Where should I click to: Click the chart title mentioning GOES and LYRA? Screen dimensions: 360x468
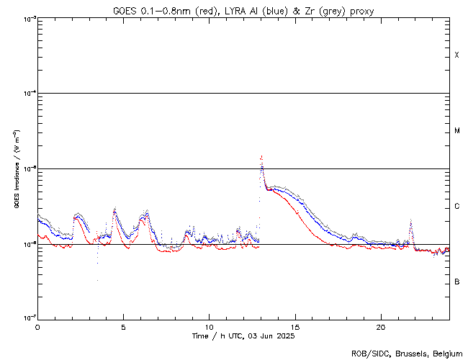coord(243,11)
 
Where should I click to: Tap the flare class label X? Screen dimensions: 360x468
coord(456,55)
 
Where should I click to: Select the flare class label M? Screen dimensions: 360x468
coord(456,131)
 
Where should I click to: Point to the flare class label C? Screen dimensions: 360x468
coord(456,207)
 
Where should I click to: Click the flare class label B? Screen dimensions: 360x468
coord(456,282)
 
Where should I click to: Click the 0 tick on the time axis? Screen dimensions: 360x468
coord(37,326)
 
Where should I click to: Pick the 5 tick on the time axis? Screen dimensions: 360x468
coord(123,326)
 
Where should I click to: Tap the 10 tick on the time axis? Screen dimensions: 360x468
coord(209,326)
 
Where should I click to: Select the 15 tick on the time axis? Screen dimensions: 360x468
coord(294,326)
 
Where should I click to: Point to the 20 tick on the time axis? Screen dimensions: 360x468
coord(380,326)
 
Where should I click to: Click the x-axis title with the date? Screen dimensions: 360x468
coord(243,336)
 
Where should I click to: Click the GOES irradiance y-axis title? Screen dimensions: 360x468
coord(15,169)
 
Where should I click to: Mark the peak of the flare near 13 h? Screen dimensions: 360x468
coord(261,156)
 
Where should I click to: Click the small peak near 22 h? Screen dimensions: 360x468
coord(410,220)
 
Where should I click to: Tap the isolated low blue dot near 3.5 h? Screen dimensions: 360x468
coord(96,280)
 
